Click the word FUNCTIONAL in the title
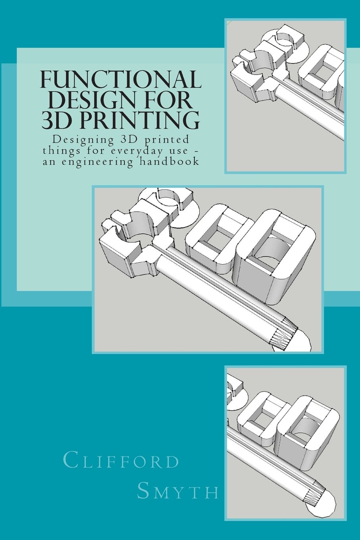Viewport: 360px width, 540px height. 122,80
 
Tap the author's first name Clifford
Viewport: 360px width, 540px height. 121,462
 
